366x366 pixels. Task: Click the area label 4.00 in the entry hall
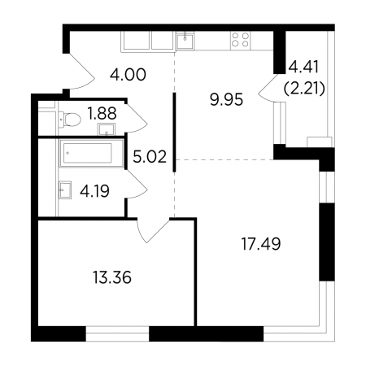point(128,75)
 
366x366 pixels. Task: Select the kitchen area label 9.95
point(226,100)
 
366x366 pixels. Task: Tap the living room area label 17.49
point(261,244)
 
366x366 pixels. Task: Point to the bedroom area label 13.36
point(112,277)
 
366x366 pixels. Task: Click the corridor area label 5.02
point(150,157)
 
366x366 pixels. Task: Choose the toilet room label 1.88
point(102,113)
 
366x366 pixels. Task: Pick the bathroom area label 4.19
point(94,191)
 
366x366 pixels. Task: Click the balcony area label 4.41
point(303,67)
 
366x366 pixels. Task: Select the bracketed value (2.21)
point(304,89)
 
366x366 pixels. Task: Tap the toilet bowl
point(70,120)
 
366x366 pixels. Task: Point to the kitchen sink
point(185,41)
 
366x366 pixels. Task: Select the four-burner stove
point(240,40)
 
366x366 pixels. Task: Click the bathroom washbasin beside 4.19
point(65,190)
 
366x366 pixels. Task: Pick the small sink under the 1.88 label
point(107,129)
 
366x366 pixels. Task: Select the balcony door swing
point(268,88)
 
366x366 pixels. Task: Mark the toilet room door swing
point(137,120)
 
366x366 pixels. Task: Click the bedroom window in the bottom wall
point(117,333)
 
